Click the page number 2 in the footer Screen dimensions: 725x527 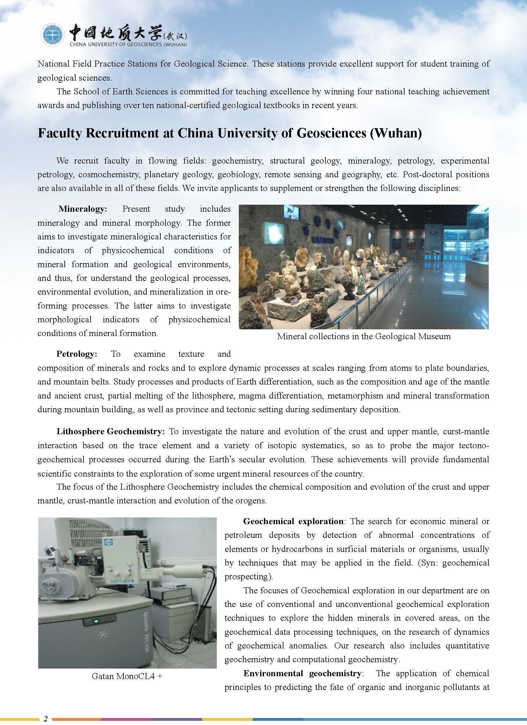pyautogui.click(x=46, y=719)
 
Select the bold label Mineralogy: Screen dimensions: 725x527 pyautogui.click(x=83, y=209)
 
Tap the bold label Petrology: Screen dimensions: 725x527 pyautogui.click(x=77, y=354)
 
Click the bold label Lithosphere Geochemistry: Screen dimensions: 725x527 pyautogui.click(x=111, y=432)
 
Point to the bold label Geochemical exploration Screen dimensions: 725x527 pyautogui.click(x=293, y=521)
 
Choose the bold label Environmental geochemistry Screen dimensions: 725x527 pyautogui.click(x=302, y=673)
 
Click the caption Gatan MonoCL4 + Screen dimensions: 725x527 pyautogui.click(x=127, y=676)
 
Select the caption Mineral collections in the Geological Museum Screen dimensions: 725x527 pyautogui.click(x=364, y=336)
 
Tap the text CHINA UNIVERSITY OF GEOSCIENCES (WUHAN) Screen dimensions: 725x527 pyautogui.click(x=128, y=45)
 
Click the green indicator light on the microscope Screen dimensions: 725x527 pyautogui.click(x=95, y=621)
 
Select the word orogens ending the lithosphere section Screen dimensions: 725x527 pyautogui.click(x=252, y=501)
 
